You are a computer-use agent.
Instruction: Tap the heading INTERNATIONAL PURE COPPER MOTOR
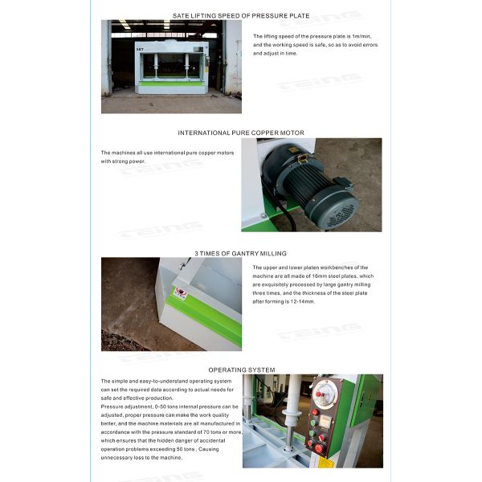click(x=241, y=133)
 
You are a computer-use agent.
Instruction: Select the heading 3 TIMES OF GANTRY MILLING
click(x=241, y=253)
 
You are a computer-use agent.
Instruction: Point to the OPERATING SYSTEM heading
click(x=241, y=370)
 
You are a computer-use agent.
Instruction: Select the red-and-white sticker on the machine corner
click(x=181, y=294)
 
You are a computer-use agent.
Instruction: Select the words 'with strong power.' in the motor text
click(x=120, y=161)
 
